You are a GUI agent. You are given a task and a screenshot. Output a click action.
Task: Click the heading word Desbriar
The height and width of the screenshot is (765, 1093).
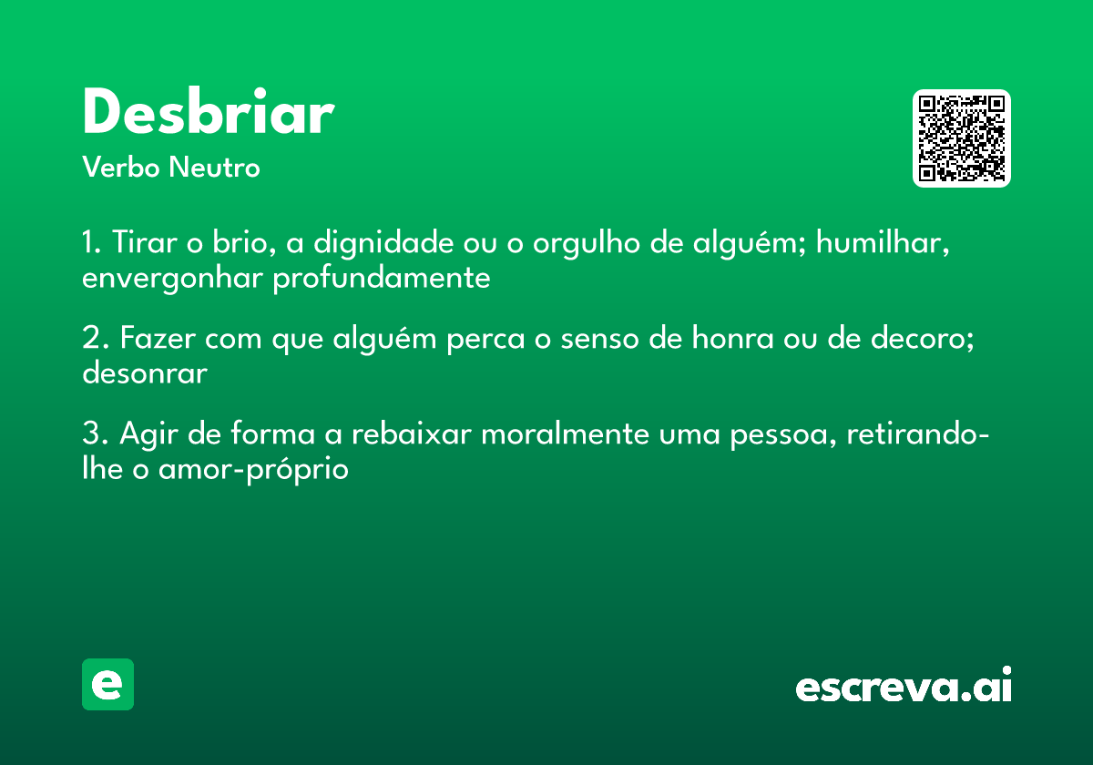pos(209,111)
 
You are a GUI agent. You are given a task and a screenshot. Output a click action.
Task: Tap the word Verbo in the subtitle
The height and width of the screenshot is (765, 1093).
pos(121,168)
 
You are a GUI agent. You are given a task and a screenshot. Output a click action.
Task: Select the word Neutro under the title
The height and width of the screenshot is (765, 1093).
pos(214,168)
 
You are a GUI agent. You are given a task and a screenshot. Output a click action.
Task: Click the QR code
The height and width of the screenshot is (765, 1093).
pos(961,138)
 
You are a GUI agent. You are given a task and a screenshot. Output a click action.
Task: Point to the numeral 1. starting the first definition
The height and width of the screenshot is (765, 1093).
pos(92,242)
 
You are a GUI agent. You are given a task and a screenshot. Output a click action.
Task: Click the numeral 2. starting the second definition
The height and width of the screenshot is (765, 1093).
pos(95,338)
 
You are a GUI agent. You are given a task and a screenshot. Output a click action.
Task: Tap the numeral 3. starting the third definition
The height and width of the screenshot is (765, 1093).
pos(95,433)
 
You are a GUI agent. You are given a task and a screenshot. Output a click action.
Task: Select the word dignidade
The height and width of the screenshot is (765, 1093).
pos(383,243)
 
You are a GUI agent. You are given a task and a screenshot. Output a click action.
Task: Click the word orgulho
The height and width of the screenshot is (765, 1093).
pos(586,243)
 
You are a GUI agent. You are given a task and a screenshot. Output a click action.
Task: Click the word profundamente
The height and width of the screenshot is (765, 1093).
pos(382,279)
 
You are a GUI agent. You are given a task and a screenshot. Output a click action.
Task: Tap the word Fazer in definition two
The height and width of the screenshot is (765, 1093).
pos(158,338)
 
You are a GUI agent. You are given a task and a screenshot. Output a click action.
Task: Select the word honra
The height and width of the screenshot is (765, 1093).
pos(733,338)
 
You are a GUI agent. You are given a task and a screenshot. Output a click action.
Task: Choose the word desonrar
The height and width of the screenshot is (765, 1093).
pos(145,373)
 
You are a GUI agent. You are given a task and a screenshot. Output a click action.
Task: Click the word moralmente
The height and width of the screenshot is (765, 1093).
pos(565,433)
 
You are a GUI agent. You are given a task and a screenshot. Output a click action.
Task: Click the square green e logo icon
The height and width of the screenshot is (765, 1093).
pos(107,684)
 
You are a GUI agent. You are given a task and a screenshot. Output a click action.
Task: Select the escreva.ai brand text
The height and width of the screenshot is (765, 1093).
pos(904,684)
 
